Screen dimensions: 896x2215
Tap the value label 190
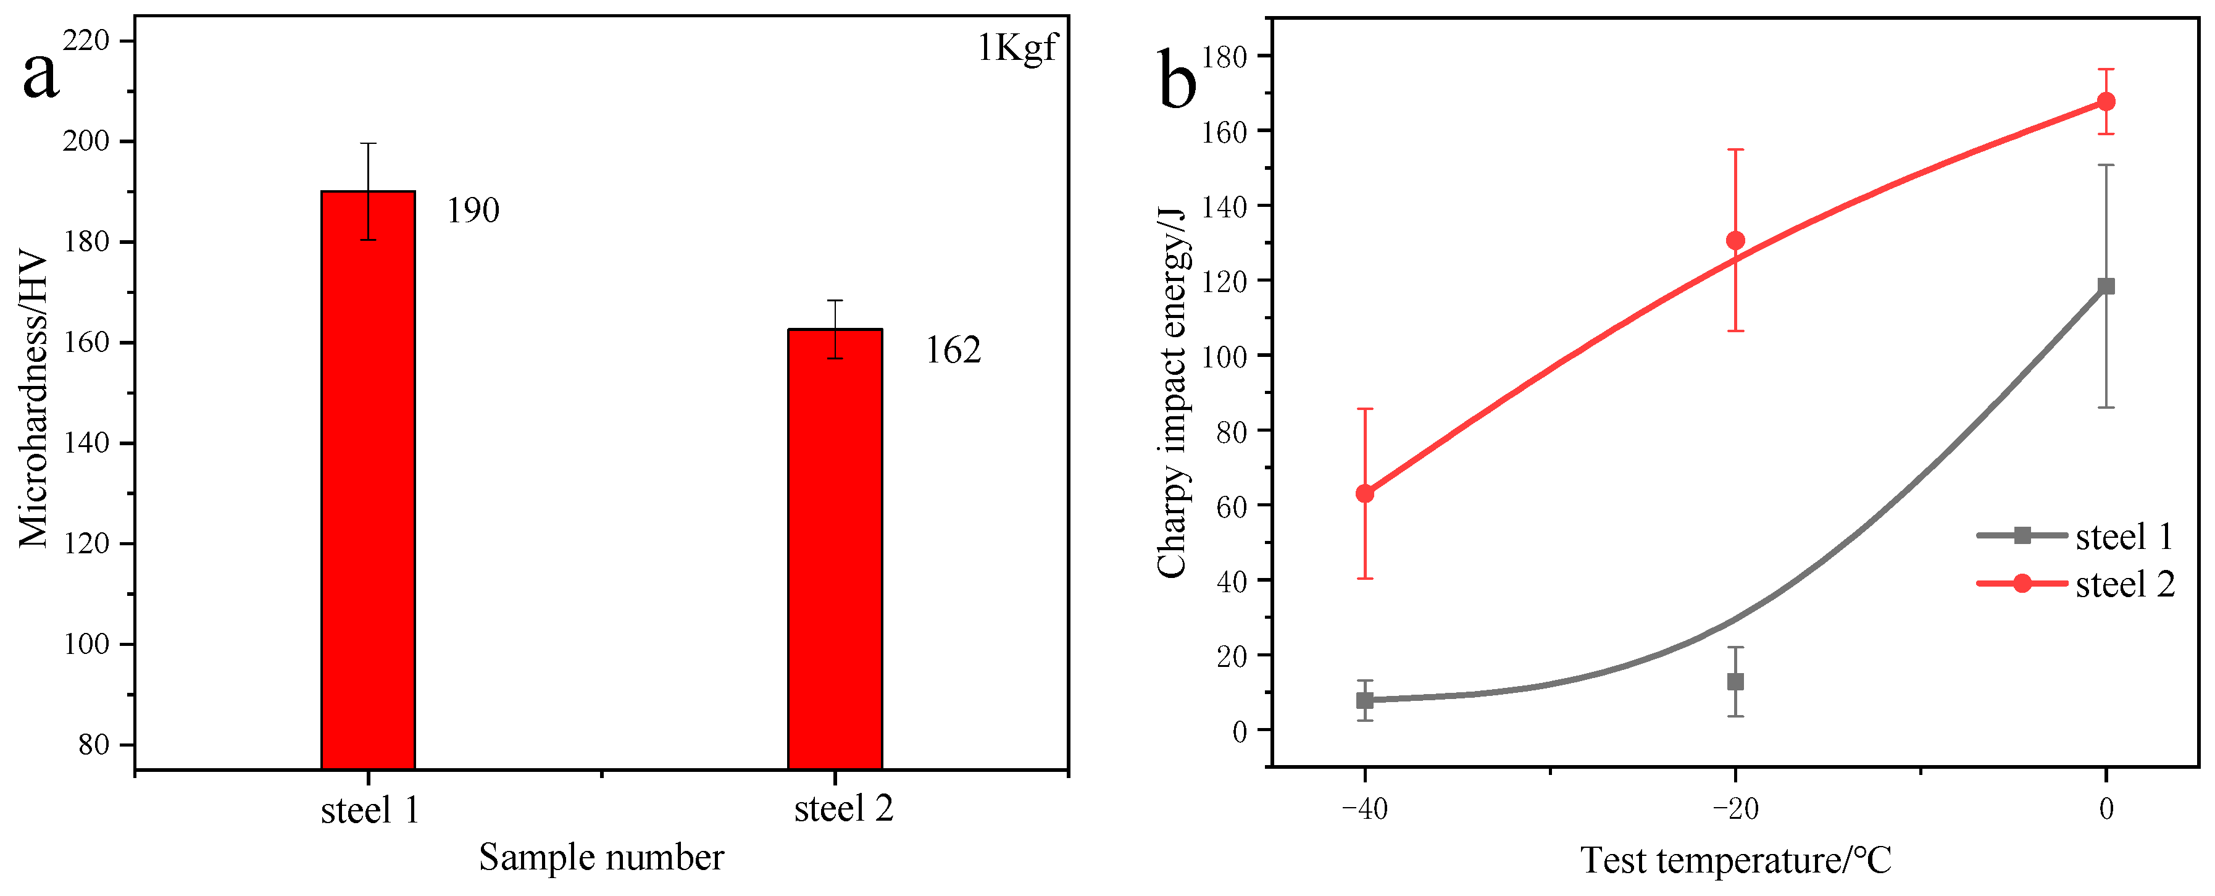473,211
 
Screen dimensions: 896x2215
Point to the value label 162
953,351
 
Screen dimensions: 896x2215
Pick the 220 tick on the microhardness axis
86,40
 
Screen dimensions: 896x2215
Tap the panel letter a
40,75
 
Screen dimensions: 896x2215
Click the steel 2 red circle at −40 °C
1364,493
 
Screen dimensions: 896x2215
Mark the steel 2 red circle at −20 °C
1735,241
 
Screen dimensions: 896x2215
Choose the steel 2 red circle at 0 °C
2106,101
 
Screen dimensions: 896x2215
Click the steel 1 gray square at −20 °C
1735,682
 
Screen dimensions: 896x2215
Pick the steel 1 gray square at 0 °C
2106,287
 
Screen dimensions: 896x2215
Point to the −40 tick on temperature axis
1364,809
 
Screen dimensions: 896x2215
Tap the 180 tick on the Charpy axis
1224,57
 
